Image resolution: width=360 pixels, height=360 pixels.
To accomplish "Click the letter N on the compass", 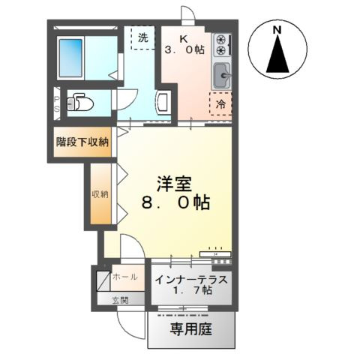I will click(x=277, y=31).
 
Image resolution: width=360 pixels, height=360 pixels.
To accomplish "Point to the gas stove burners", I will click(x=221, y=46).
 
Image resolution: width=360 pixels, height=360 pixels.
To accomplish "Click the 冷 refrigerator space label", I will click(x=221, y=104).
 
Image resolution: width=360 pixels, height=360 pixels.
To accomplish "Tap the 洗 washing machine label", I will click(x=142, y=34).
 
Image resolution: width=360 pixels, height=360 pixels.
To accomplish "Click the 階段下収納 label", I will click(x=82, y=142).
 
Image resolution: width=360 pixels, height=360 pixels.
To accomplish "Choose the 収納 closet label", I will click(x=100, y=193).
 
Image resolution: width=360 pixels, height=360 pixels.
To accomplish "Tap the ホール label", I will click(x=124, y=277).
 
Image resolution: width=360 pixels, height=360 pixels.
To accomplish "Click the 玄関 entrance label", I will click(x=120, y=300).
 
